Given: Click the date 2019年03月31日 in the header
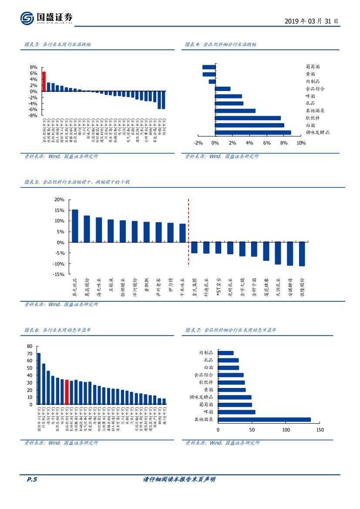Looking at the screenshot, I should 311,21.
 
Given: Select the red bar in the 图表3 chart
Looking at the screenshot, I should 44,81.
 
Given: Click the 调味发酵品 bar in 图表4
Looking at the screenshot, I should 253,133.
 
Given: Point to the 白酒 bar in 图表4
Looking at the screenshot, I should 249,125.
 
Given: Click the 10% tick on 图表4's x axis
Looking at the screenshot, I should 301,143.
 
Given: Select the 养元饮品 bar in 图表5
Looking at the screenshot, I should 75,226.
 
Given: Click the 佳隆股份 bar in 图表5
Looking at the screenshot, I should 302,254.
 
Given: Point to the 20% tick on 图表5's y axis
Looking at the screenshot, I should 59,199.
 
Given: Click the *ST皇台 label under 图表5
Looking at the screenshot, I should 219,288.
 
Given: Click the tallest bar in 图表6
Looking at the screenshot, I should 39,379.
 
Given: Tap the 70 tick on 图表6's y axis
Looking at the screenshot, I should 30,354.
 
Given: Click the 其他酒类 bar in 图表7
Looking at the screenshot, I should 264,420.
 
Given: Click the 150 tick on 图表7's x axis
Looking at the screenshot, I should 320,430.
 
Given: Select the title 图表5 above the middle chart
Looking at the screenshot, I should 77,182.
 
